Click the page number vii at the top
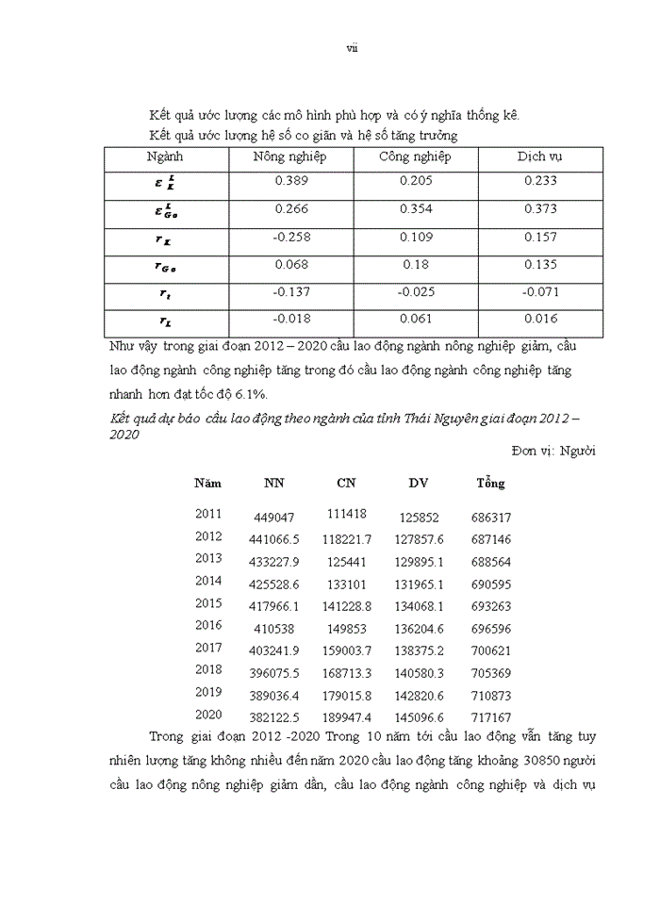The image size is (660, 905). pyautogui.click(x=352, y=48)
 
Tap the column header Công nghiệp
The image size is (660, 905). pyautogui.click(x=416, y=156)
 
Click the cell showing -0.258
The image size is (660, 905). pyautogui.click(x=290, y=237)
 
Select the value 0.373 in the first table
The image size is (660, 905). pyautogui.click(x=541, y=209)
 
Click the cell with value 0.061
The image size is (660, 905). pyautogui.click(x=416, y=319)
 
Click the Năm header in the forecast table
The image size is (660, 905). pyautogui.click(x=208, y=483)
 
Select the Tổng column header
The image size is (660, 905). pyautogui.click(x=490, y=483)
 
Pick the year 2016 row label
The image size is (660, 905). pyautogui.click(x=208, y=625)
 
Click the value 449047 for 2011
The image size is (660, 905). pyautogui.click(x=275, y=518)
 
